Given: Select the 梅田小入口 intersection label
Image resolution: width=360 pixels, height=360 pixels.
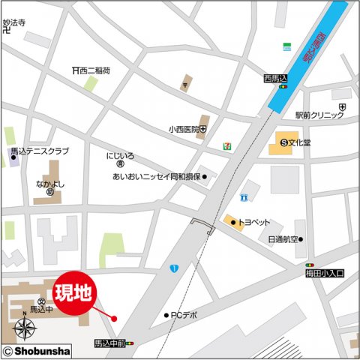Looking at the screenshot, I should click(x=325, y=274).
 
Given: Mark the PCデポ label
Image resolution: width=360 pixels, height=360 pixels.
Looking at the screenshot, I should click(x=184, y=315).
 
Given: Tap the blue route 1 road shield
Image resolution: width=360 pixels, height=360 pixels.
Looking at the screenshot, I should click(x=174, y=268).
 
